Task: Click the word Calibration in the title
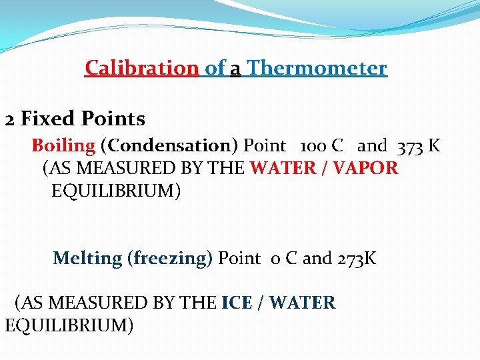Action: click(x=141, y=68)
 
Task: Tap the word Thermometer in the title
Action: click(x=317, y=68)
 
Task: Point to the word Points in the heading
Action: click(x=114, y=119)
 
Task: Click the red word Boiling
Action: click(x=64, y=145)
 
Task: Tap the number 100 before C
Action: click(x=313, y=146)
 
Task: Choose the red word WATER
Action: click(x=281, y=168)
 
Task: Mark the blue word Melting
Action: click(x=87, y=258)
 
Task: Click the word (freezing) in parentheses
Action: click(x=170, y=258)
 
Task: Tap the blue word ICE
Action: click(x=237, y=303)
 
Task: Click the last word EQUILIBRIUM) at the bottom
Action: click(x=69, y=326)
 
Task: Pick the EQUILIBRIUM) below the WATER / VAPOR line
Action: click(x=115, y=191)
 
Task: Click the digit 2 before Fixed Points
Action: click(x=10, y=120)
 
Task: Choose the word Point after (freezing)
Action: click(x=239, y=258)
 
